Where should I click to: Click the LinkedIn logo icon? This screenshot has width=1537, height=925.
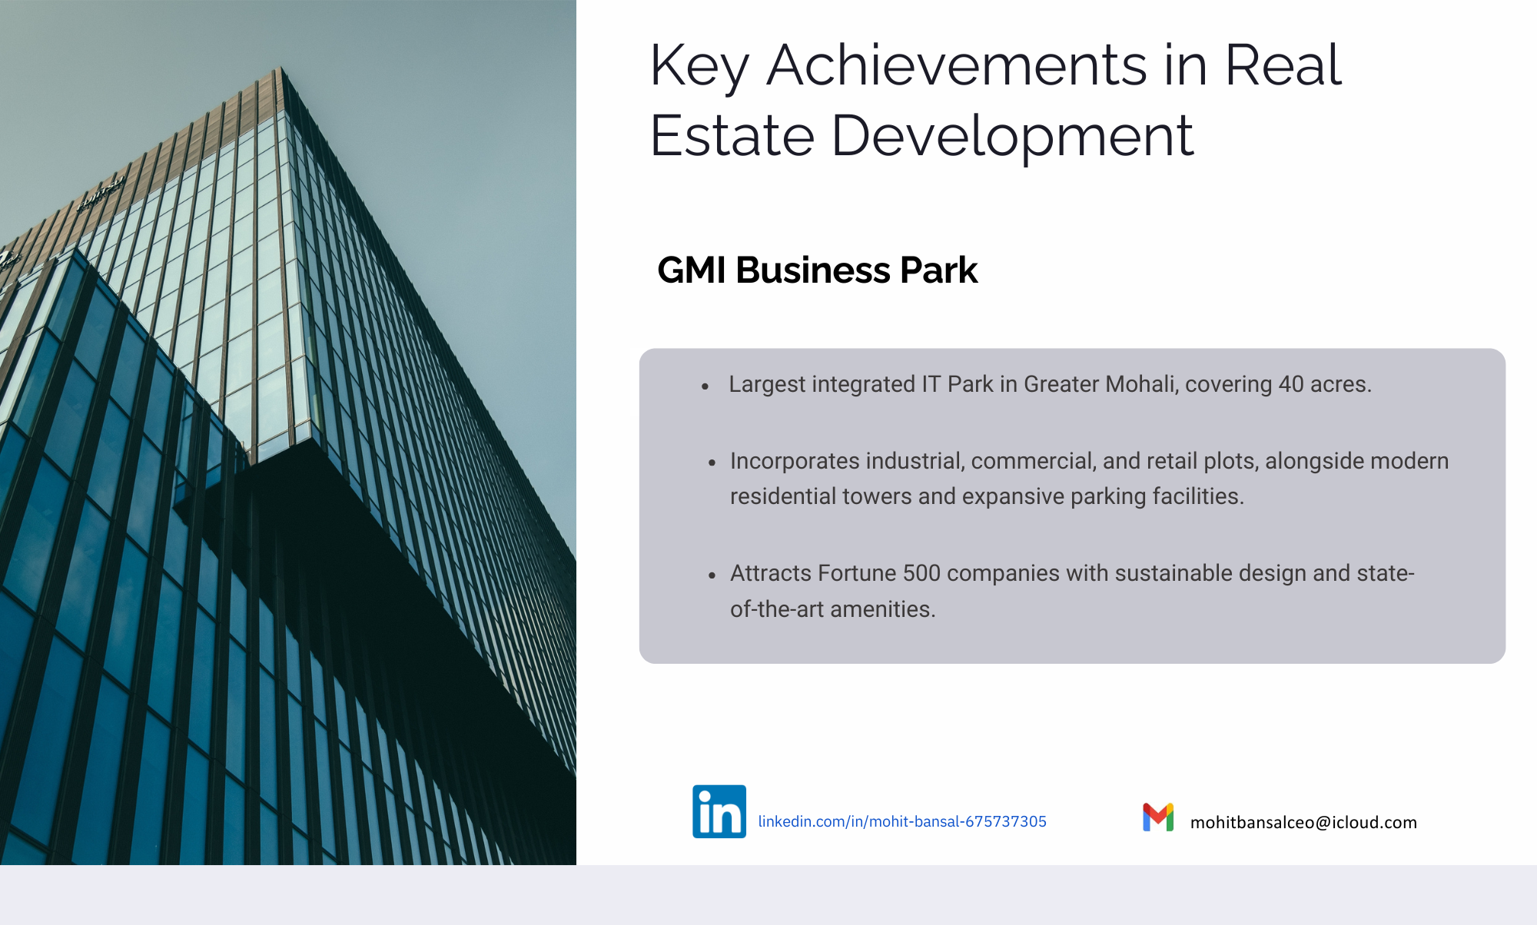click(719, 811)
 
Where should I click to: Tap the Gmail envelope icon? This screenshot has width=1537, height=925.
click(1158, 817)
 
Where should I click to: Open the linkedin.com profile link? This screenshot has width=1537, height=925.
click(902, 821)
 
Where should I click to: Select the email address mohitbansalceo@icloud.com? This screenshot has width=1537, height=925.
click(1303, 822)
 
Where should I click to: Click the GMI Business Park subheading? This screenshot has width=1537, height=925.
click(818, 270)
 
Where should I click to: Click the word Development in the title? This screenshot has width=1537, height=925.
click(1013, 135)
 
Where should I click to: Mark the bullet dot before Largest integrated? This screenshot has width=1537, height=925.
click(705, 386)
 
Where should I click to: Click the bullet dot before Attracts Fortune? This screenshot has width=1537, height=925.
click(712, 575)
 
